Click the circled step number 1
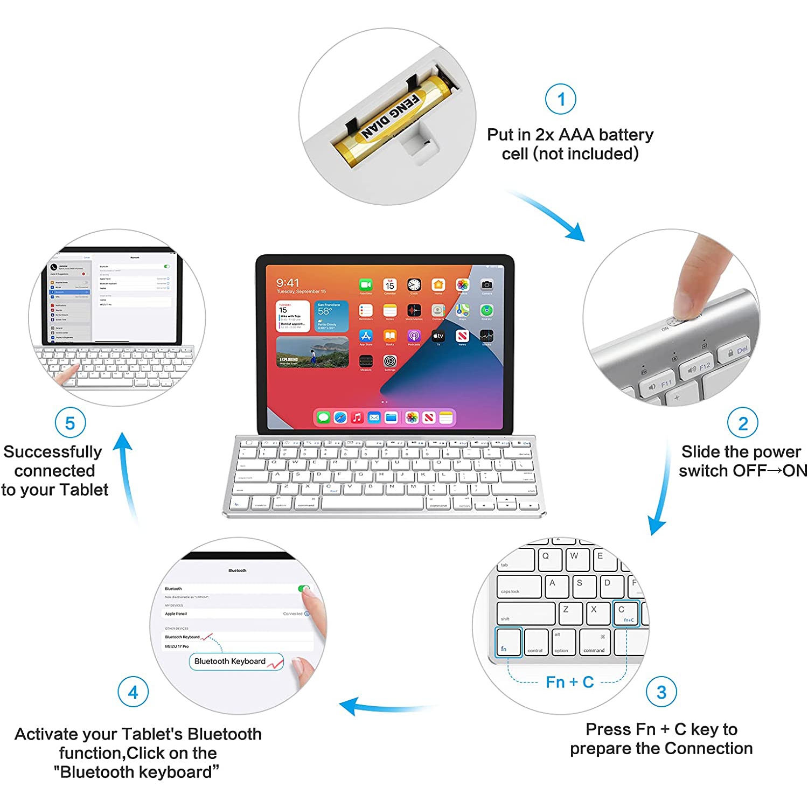[x=561, y=99]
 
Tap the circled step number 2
[x=743, y=423]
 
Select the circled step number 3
[x=661, y=692]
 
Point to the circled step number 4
[x=133, y=692]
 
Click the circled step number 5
[x=70, y=423]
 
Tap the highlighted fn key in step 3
[x=509, y=642]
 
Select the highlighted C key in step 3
[x=626, y=614]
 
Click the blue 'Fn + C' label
[x=569, y=682]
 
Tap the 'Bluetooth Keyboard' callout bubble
[x=236, y=661]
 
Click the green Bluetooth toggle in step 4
[x=304, y=589]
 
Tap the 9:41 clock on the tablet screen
[x=288, y=283]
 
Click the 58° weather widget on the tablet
[x=331, y=316]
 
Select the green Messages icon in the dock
[x=323, y=417]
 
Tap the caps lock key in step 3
[x=519, y=587]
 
